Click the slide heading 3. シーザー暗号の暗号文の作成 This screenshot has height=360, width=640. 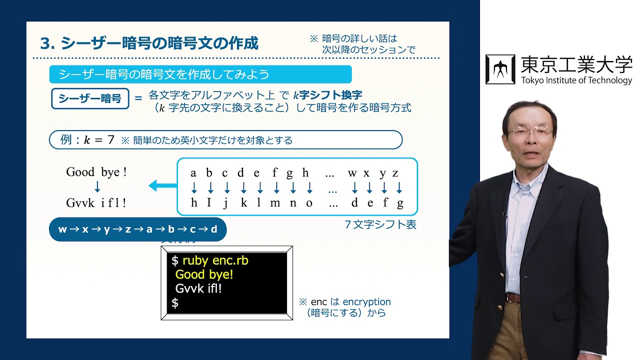pyautogui.click(x=149, y=43)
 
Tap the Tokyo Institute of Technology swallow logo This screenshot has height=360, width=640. pyautogui.click(x=500, y=69)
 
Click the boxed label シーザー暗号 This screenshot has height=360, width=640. pyautogui.click(x=90, y=98)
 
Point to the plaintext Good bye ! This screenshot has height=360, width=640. pyautogui.click(x=96, y=172)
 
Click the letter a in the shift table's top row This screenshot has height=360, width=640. pyautogui.click(x=193, y=173)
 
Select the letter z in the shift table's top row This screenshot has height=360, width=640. pyautogui.click(x=395, y=173)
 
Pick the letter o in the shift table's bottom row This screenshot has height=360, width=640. pyautogui.click(x=309, y=203)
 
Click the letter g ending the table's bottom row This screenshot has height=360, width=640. pyautogui.click(x=399, y=203)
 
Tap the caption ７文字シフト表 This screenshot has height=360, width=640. pyautogui.click(x=380, y=224)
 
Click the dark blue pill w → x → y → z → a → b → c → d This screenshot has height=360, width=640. pyautogui.click(x=138, y=229)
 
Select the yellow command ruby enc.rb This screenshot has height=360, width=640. pyautogui.click(x=215, y=260)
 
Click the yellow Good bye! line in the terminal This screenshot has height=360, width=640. pyautogui.click(x=204, y=274)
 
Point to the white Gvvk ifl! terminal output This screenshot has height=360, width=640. pyautogui.click(x=198, y=288)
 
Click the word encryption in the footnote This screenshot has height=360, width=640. pyautogui.click(x=366, y=302)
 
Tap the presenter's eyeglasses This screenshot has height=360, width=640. pyautogui.click(x=530, y=131)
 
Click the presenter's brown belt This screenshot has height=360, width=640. pyautogui.click(x=513, y=298)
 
